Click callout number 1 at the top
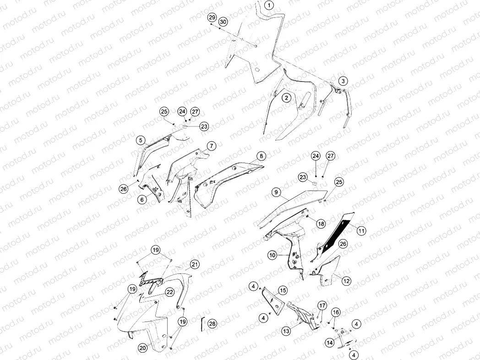pos(269,5)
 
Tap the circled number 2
pos(287,98)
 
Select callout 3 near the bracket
pos(343,81)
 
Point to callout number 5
pos(141,141)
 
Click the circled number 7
pos(212,146)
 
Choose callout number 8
pos(261,156)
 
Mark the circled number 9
pos(276,192)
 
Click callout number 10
pos(273,255)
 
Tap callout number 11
pos(361,230)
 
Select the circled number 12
pos(346,281)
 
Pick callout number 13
pos(286,331)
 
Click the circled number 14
pos(330,343)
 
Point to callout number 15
pos(283,290)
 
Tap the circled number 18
pos(321,224)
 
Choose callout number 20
pos(142,348)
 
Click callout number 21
pos(195,264)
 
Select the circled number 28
pos(212,323)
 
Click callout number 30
pos(223,22)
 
